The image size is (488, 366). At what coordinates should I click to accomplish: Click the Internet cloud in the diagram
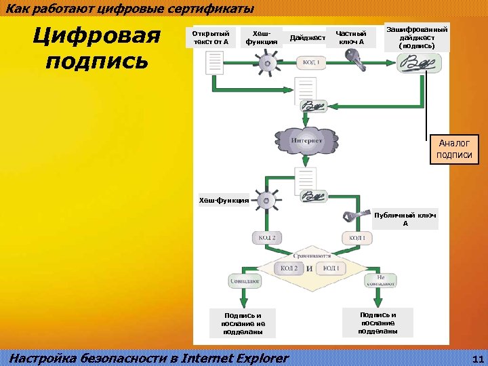(x=306, y=140)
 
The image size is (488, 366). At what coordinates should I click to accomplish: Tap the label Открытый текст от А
(x=211, y=37)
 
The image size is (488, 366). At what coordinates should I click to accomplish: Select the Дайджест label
(x=307, y=38)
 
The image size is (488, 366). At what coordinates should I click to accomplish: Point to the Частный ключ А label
(x=350, y=37)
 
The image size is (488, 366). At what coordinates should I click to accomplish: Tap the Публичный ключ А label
(x=405, y=219)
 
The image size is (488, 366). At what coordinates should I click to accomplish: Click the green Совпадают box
(x=245, y=280)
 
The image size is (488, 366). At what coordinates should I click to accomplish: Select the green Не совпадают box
(x=380, y=281)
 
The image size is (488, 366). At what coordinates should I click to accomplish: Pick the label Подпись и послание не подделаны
(x=243, y=323)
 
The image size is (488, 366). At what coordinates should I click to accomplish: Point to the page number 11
(x=476, y=359)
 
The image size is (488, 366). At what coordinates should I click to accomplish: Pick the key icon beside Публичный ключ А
(x=354, y=217)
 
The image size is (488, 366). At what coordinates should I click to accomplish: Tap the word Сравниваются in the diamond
(x=312, y=258)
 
